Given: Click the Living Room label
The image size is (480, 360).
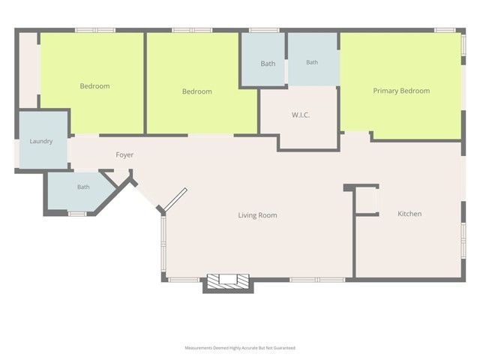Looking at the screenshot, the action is click(x=257, y=215).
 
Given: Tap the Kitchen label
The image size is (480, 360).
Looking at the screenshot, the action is click(x=409, y=214).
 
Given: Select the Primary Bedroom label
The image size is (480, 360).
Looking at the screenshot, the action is click(x=401, y=91).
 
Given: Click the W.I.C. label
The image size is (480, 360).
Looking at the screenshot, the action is click(x=301, y=115).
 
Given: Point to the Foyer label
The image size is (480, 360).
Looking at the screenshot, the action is click(x=124, y=155).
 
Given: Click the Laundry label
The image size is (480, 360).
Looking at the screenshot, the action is click(x=41, y=141).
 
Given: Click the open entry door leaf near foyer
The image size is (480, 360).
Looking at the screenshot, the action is click(x=175, y=200).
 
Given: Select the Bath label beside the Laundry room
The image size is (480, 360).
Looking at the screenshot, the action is click(x=83, y=187).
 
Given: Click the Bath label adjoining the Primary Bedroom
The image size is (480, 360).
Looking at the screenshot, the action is click(x=312, y=62).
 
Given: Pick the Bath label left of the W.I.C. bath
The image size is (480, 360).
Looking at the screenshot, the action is click(x=268, y=64).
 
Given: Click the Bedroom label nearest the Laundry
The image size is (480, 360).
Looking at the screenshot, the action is click(x=94, y=86).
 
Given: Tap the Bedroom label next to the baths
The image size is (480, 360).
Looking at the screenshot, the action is click(x=196, y=91).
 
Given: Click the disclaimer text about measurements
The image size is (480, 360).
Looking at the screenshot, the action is click(x=240, y=348).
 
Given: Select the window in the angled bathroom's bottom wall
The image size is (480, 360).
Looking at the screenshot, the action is click(x=77, y=214).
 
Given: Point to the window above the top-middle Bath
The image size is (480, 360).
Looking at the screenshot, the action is click(x=264, y=30).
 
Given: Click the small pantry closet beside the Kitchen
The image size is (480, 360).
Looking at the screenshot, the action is click(x=367, y=201).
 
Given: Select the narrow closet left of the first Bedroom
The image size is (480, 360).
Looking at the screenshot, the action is click(x=28, y=70).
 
